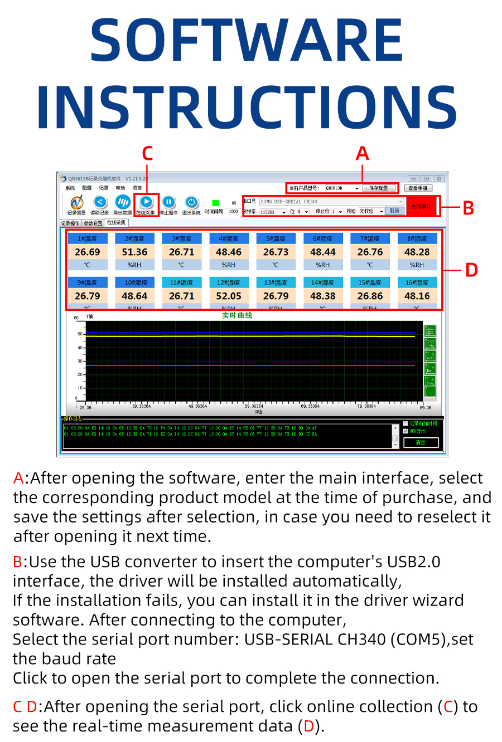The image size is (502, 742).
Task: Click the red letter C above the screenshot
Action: [x=147, y=153]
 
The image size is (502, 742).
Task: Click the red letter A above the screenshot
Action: [x=363, y=153]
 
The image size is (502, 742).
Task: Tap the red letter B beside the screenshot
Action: [x=469, y=208]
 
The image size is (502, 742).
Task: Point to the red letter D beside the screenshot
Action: [x=471, y=270]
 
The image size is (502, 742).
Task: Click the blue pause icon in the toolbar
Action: [x=168, y=202]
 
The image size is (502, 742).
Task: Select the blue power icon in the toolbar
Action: [x=191, y=202]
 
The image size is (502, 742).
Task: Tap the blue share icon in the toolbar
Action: [x=100, y=202]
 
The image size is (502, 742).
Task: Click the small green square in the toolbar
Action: [x=215, y=203]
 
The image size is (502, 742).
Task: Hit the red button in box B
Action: [x=421, y=206]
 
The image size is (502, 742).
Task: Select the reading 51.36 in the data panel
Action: [x=134, y=252]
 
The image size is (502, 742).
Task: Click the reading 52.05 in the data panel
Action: [x=229, y=296]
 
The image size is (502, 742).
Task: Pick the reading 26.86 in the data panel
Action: [x=370, y=296]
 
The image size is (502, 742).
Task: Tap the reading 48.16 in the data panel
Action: [x=417, y=296]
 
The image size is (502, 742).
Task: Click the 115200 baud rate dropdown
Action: [x=273, y=212]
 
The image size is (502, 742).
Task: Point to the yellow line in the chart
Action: [x=251, y=336]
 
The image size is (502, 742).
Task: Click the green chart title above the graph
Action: [x=237, y=315]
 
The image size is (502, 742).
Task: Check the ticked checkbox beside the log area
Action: [x=406, y=431]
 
